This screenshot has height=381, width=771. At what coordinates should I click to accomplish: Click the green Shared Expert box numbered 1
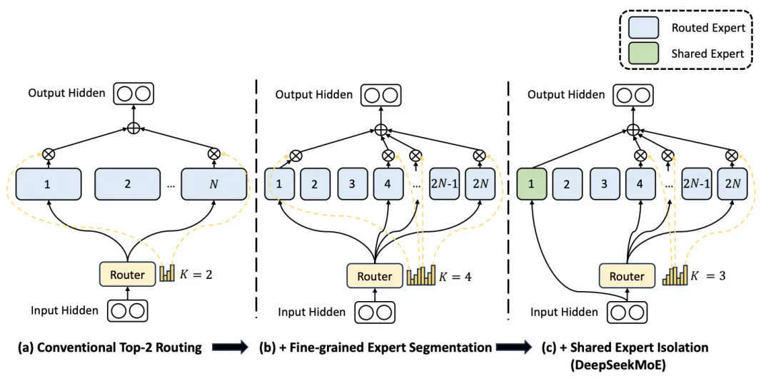click(531, 183)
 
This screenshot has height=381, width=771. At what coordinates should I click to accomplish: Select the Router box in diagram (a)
click(127, 275)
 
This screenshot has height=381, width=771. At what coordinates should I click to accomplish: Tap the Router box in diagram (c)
click(626, 276)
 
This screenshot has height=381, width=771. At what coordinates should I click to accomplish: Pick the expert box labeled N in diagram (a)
click(213, 184)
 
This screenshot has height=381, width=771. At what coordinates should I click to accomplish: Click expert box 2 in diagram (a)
click(127, 184)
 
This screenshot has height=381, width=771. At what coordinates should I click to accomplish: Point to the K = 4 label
click(455, 275)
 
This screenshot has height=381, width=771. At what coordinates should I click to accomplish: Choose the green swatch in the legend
click(647, 54)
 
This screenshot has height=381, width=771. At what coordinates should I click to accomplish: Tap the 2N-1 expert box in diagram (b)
click(444, 183)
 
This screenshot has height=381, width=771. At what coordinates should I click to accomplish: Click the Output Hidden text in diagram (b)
click(314, 94)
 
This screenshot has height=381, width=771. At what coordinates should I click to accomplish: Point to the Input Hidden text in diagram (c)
click(563, 312)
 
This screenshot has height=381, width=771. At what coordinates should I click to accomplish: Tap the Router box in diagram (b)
click(375, 276)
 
